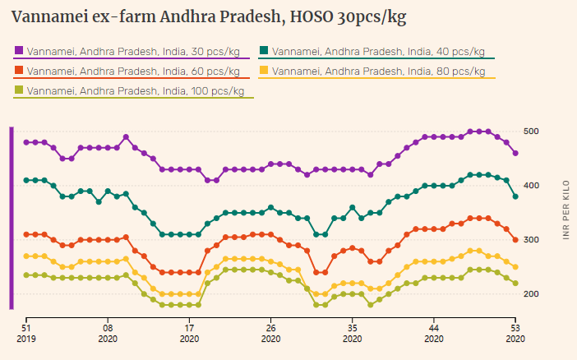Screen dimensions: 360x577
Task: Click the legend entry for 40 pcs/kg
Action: click(x=377, y=52)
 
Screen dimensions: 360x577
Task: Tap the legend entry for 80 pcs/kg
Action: click(x=377, y=72)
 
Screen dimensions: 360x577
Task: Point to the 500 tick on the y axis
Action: click(x=531, y=132)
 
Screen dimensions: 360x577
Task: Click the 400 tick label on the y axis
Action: click(x=531, y=186)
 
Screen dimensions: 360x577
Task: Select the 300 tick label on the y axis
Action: click(x=531, y=240)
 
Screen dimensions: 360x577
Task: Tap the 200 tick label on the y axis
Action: click(x=531, y=294)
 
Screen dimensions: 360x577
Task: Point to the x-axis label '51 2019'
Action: click(x=26, y=331)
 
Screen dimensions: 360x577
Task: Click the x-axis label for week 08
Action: click(x=108, y=331)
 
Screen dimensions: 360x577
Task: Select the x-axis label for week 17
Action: click(x=189, y=331)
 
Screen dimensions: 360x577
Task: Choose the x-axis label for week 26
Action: click(x=270, y=331)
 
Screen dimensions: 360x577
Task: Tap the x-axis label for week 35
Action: click(x=352, y=331)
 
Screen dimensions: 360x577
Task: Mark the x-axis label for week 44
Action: click(x=433, y=331)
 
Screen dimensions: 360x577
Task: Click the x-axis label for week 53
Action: click(x=515, y=331)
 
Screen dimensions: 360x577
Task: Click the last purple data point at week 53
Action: click(x=515, y=154)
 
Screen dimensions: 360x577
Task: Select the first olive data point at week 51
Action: click(x=26, y=275)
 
